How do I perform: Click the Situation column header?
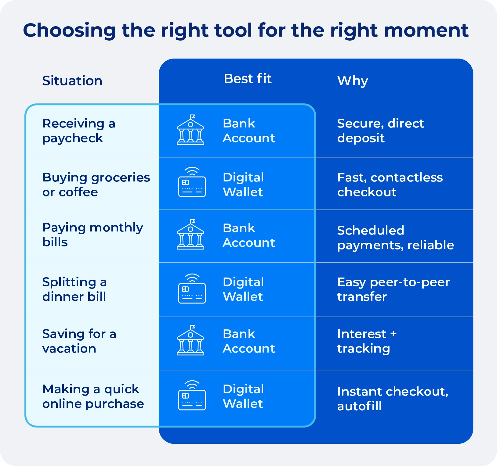pos(72,81)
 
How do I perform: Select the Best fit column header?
pos(247,79)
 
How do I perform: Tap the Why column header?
pos(352,81)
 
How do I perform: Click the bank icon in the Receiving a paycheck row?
pos(190,130)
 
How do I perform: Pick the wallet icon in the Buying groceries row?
pos(192,182)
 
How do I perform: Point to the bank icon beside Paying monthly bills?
pos(190,235)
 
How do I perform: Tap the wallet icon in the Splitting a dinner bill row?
pos(192,289)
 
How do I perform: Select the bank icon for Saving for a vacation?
pos(190,341)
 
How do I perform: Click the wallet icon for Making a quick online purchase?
pos(192,396)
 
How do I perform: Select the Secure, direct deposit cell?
pos(380,131)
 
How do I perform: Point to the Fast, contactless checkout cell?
pos(390,185)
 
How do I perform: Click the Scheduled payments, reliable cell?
pos(395,238)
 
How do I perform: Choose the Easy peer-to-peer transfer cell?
pos(393,289)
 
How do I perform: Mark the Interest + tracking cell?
pos(366,341)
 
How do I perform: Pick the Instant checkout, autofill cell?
pos(392,398)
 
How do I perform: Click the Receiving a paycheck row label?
pos(78,131)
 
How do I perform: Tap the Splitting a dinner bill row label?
pos(74,289)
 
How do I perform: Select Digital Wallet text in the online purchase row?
pos(243,396)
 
